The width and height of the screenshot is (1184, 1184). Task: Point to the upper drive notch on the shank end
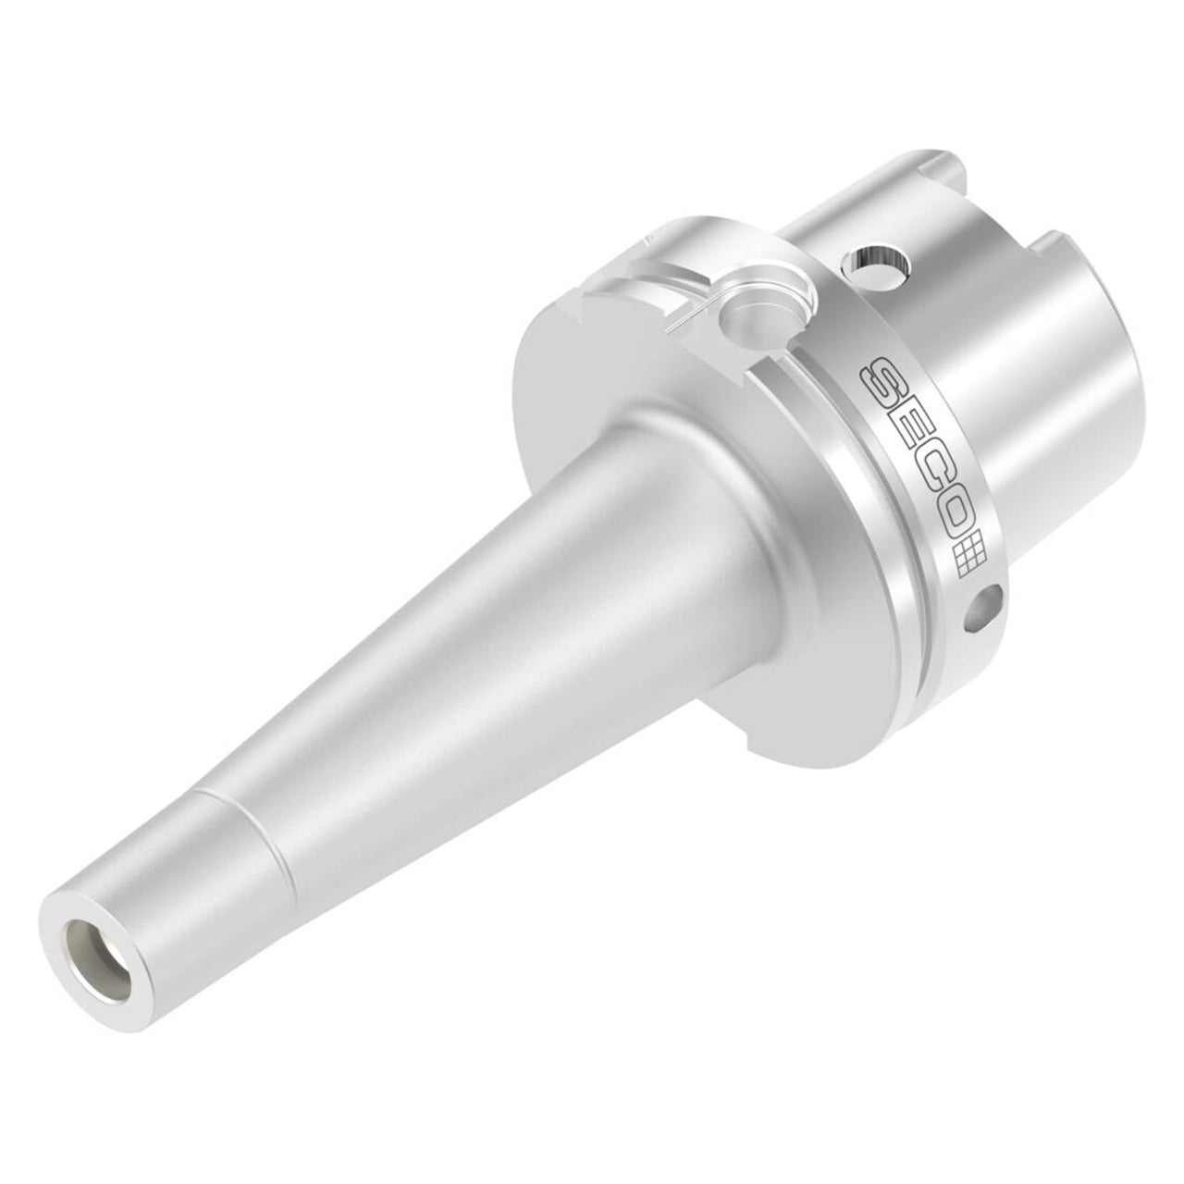(936, 161)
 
